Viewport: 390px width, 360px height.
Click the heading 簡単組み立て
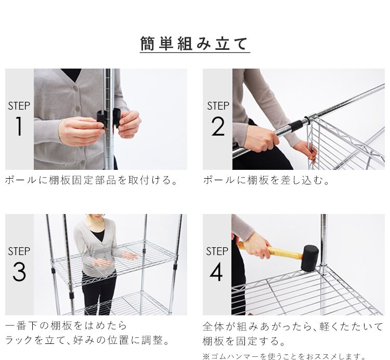coord(194,44)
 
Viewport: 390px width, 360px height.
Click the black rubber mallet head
coord(309,258)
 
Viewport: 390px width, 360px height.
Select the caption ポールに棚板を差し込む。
coord(267,181)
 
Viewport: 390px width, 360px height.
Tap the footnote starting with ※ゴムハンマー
coord(284,356)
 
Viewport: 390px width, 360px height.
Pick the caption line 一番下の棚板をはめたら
coord(66,326)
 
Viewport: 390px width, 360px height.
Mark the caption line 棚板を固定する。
coord(243,342)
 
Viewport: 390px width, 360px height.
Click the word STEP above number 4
coord(217,251)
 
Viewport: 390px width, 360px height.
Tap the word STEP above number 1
coord(19,106)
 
